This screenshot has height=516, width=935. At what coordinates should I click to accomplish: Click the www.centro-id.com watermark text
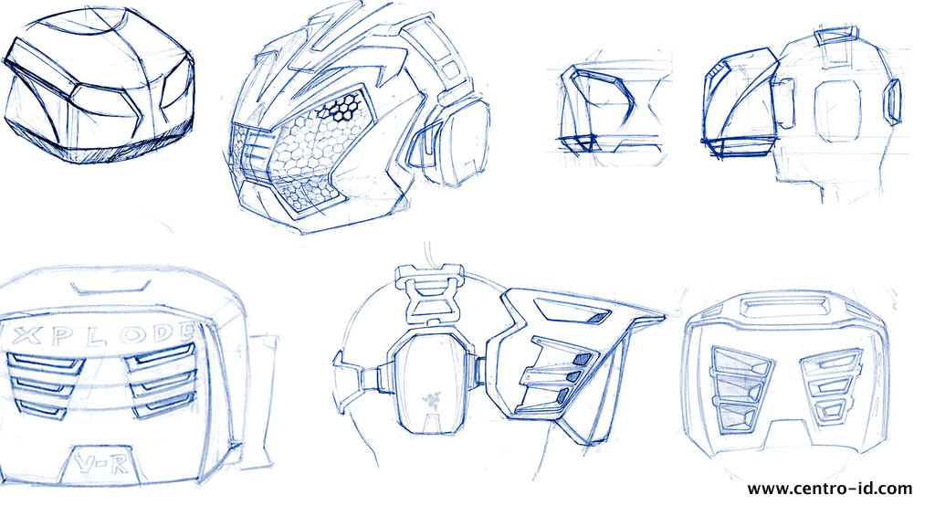pos(829,490)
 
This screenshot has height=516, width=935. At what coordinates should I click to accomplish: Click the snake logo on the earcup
pos(426,399)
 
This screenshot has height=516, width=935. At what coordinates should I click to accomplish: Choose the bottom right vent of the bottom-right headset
pos(825,412)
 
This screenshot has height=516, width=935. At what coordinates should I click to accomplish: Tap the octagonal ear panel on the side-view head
pos(836,109)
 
